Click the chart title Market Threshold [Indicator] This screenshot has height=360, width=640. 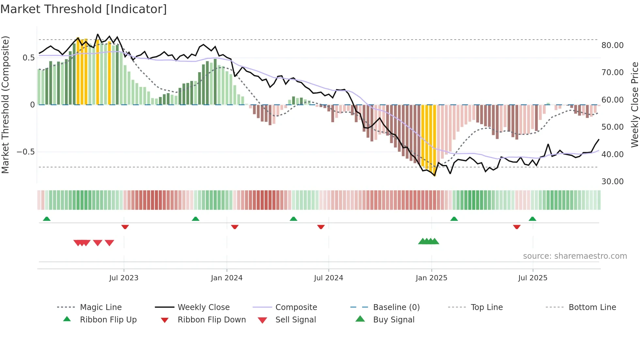[x=84, y=9]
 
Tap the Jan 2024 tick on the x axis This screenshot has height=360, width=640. [x=227, y=278]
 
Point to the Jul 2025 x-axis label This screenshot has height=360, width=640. [x=533, y=278]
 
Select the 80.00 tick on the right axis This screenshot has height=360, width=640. [x=612, y=45]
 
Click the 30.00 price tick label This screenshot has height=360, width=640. [x=612, y=182]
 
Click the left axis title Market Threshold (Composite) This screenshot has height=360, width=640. [x=5, y=105]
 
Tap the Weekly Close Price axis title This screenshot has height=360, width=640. [x=634, y=105]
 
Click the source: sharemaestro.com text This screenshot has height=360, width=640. [x=575, y=256]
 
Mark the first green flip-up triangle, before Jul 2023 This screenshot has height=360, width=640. [x=47, y=219]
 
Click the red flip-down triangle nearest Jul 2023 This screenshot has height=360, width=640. [x=125, y=227]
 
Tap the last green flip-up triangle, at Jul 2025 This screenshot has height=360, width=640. [x=532, y=219]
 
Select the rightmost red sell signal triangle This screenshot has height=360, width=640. [x=109, y=243]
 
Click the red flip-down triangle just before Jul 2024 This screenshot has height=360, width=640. [x=321, y=227]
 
